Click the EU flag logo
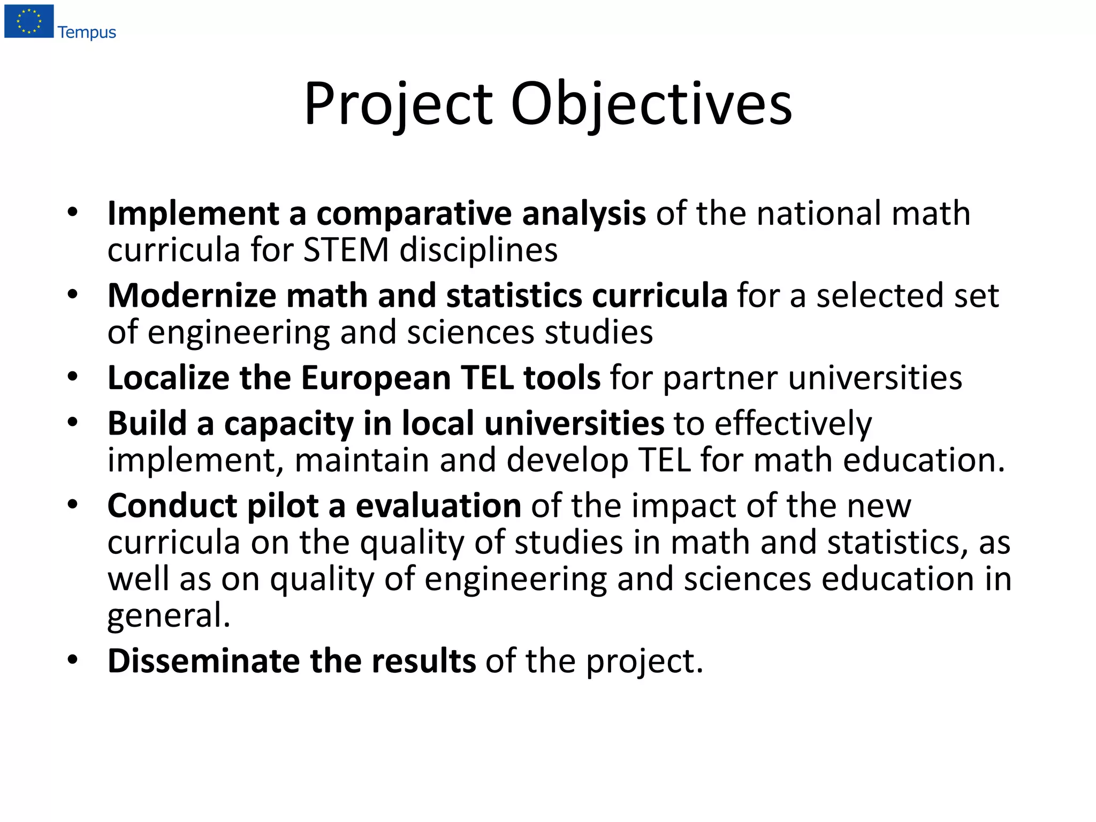pos(29,21)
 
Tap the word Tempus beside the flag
pos(87,33)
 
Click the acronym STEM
pos(346,250)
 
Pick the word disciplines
pos(478,250)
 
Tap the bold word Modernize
pos(191,295)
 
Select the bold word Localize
pos(168,378)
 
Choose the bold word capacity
pos(288,424)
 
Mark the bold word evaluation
pos(438,506)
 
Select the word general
pos(169,615)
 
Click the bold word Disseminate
pos(203,661)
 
